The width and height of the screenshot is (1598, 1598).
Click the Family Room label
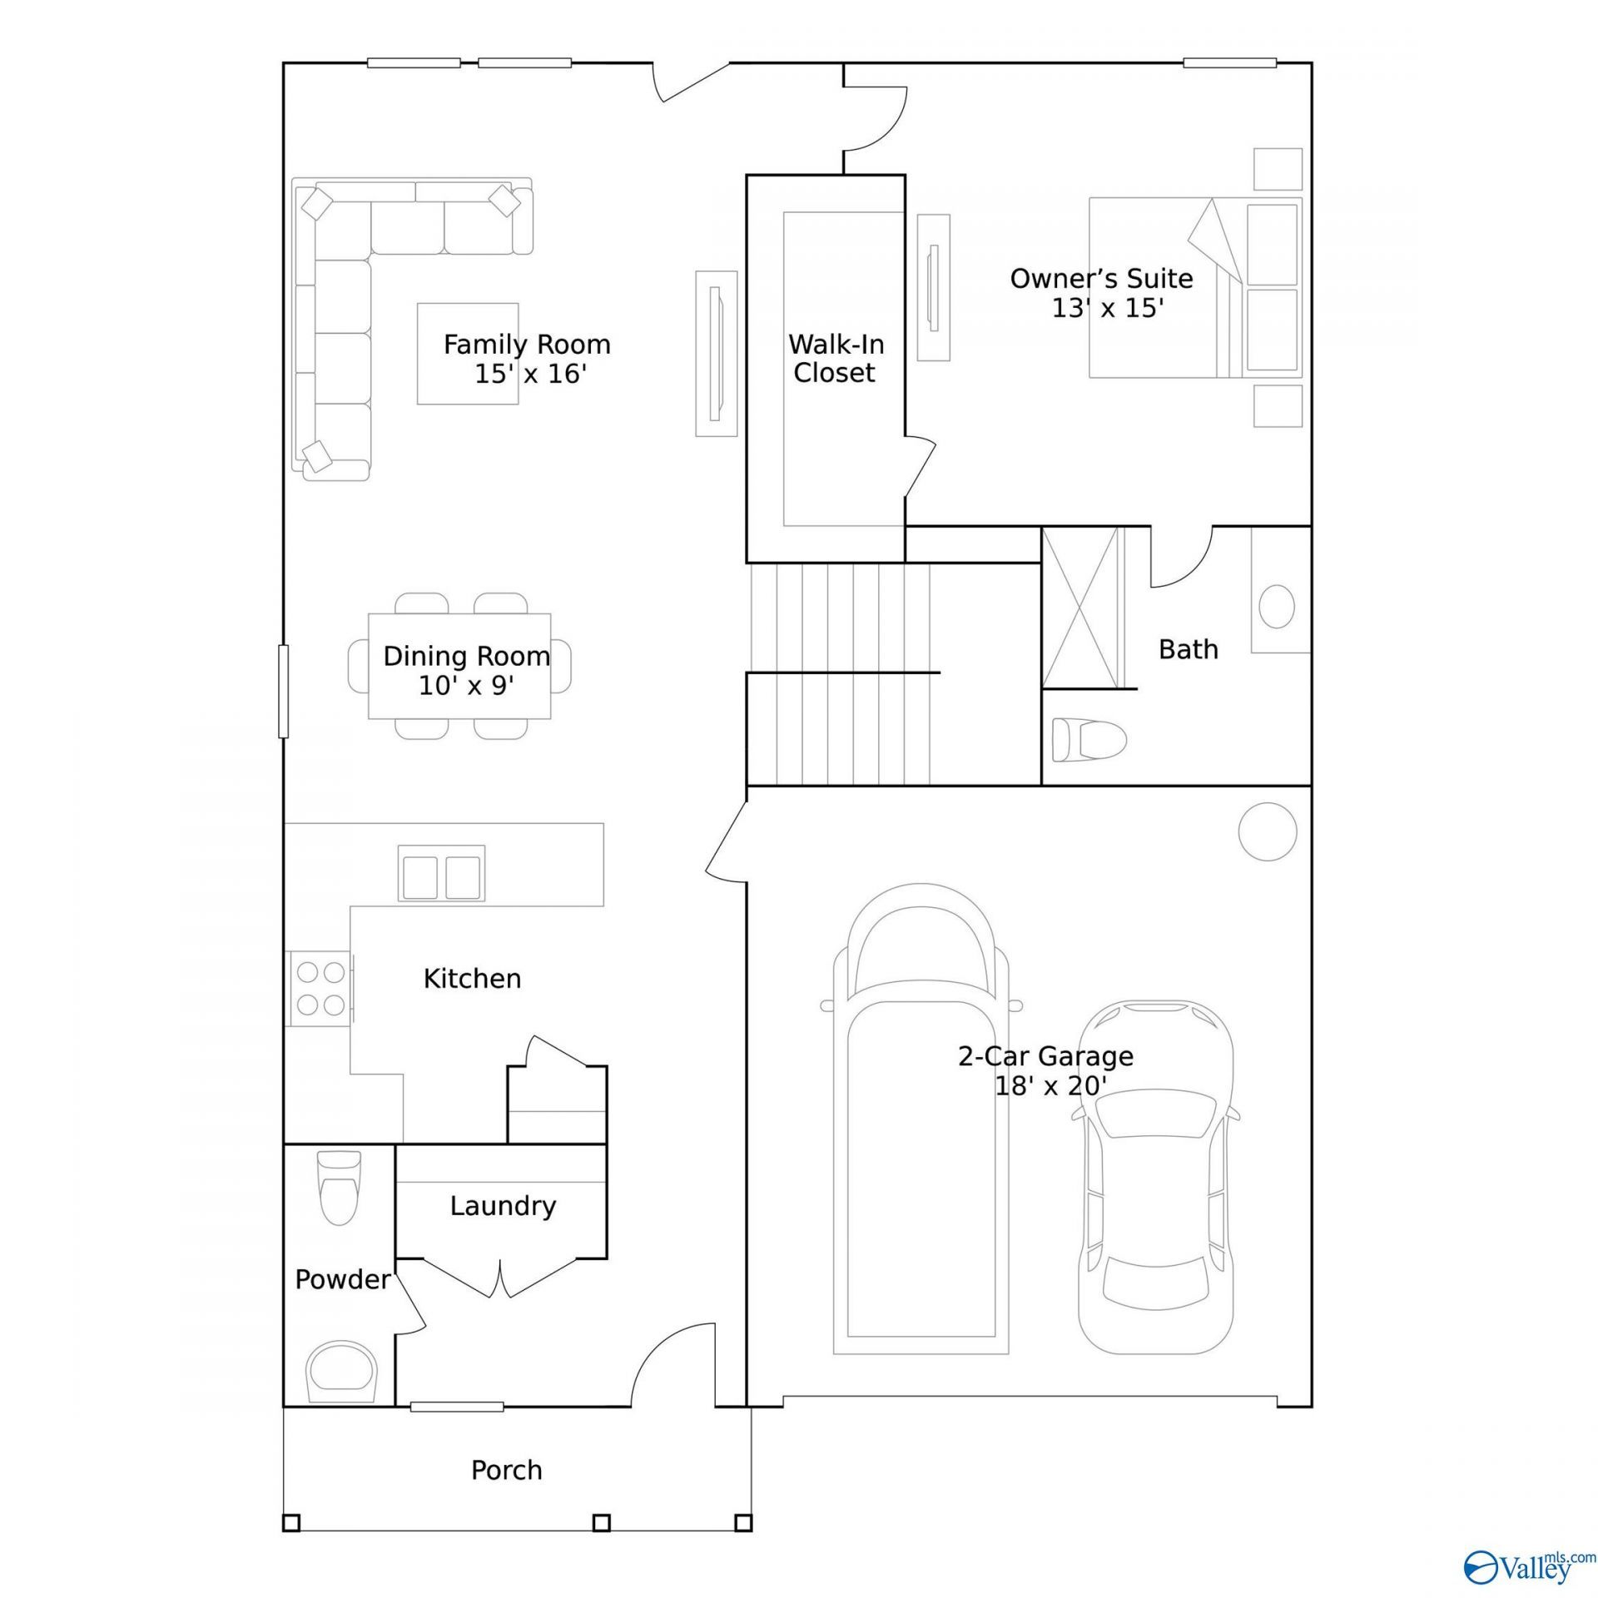tap(527, 344)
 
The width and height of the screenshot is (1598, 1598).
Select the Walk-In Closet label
tap(836, 358)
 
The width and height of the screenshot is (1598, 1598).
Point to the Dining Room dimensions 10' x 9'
tap(466, 685)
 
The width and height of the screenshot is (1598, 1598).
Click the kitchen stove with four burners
tap(320, 988)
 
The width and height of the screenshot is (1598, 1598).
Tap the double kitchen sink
tap(441, 873)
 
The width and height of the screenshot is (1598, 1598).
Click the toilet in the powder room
tap(340, 1188)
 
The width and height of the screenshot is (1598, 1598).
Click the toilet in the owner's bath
tap(1089, 739)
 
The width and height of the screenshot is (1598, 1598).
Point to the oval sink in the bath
tap(1277, 606)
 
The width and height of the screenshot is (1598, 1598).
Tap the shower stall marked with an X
tap(1081, 608)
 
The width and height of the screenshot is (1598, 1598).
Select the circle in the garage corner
tap(1268, 831)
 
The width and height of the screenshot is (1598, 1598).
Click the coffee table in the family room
tap(468, 354)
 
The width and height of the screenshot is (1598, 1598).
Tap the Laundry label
tap(503, 1206)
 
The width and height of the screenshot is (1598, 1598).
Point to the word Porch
tap(506, 1470)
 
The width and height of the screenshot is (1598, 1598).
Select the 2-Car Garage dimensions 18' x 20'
tap(1050, 1085)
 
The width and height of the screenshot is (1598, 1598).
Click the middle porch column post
tap(601, 1546)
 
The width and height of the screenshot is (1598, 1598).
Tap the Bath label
tap(1189, 649)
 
